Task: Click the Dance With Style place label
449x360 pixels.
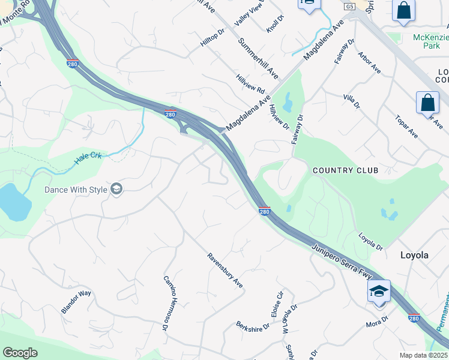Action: pos(76,190)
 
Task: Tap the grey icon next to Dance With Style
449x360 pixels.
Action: pos(116,190)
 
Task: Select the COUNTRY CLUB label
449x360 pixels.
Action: pos(345,170)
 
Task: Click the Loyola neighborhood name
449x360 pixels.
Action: pos(414,255)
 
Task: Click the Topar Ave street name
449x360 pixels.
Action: pos(406,127)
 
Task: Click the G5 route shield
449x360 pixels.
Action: pos(349,6)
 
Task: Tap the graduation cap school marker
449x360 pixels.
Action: pos(379,292)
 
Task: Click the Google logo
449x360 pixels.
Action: pos(20,353)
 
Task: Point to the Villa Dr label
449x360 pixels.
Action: pos(351,101)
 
